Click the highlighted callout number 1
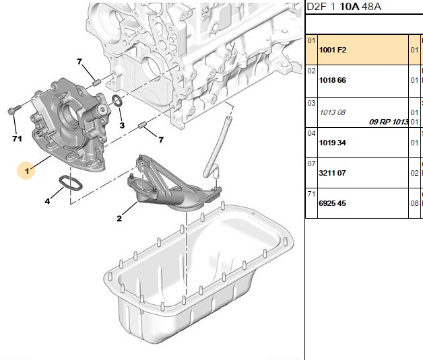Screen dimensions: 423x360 pyautogui.click(x=26, y=171)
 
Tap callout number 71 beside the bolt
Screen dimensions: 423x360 pyautogui.click(x=17, y=139)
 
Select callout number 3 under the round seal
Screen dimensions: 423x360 pyautogui.click(x=122, y=125)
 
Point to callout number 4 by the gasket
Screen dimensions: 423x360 pyautogui.click(x=47, y=201)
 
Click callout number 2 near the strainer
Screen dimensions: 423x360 pyautogui.click(x=119, y=219)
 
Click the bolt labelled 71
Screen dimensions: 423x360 pyautogui.click(x=14, y=110)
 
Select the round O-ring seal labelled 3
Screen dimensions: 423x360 pyautogui.click(x=117, y=100)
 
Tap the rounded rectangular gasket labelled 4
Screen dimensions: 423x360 pyautogui.click(x=71, y=184)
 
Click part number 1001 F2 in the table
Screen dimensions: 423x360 pyautogui.click(x=333, y=50)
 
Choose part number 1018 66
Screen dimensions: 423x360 pyautogui.click(x=332, y=80)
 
